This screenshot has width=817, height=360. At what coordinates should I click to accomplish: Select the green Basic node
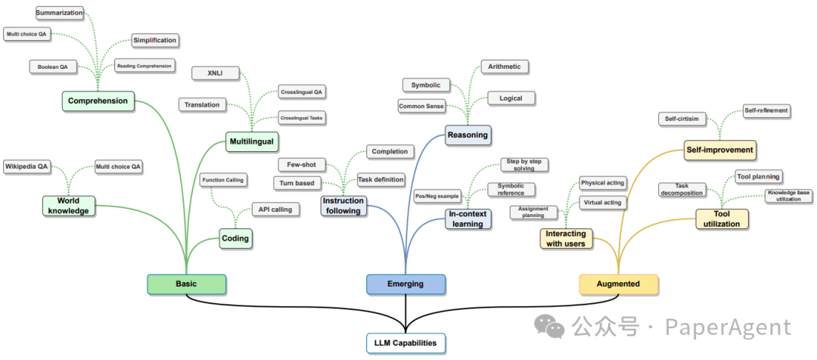[x=186, y=284]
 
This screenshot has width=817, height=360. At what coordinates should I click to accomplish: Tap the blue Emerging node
[x=405, y=284]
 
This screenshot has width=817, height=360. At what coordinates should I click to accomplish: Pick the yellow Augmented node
[x=618, y=284]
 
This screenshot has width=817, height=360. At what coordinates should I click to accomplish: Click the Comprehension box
[x=98, y=101]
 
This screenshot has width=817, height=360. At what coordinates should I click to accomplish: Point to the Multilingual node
[x=251, y=141]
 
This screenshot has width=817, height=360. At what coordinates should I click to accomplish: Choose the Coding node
[x=235, y=238]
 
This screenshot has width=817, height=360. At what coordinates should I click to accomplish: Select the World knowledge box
[x=68, y=206]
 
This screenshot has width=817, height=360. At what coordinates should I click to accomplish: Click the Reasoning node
[x=468, y=135]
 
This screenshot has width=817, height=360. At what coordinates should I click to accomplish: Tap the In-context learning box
[x=468, y=219]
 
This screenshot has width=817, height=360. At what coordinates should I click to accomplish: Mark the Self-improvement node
[x=719, y=150]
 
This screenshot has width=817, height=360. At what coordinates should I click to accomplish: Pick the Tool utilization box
[x=722, y=219]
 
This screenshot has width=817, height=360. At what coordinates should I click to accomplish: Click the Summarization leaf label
[x=60, y=13]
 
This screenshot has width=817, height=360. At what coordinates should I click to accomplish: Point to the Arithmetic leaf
[x=504, y=67]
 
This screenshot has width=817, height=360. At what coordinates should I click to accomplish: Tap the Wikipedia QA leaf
[x=27, y=166]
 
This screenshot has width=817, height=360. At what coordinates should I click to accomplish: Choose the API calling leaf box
[x=275, y=209]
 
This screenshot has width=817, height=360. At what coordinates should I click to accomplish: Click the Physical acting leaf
[x=602, y=183]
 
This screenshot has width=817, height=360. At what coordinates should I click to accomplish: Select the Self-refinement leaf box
[x=766, y=110]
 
